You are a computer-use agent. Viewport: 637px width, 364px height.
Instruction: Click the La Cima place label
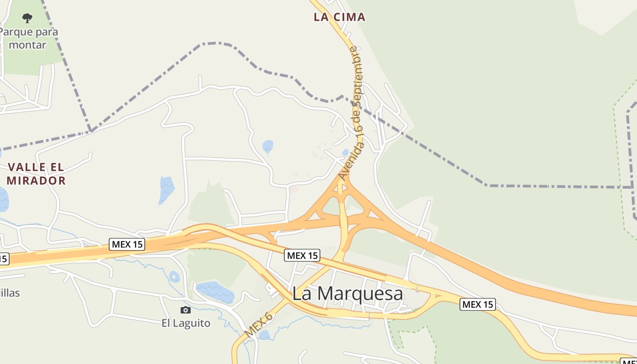click(x=339, y=17)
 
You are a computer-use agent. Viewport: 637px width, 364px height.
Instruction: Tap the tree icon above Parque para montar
click(x=27, y=18)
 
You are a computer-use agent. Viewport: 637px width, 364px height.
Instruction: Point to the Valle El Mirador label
click(x=36, y=174)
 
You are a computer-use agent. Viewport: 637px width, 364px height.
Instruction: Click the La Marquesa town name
click(x=348, y=293)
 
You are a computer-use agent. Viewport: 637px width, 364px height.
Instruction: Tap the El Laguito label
click(x=186, y=323)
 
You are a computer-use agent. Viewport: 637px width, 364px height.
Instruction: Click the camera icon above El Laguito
click(x=186, y=310)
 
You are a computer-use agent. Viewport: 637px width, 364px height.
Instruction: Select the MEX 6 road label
click(x=258, y=325)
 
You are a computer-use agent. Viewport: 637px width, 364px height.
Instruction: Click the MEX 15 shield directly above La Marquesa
click(x=302, y=255)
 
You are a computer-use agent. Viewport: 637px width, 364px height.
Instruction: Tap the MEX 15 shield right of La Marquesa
click(x=477, y=304)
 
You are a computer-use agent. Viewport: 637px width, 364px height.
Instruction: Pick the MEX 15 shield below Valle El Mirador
click(x=127, y=244)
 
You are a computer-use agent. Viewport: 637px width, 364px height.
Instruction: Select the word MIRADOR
click(x=36, y=181)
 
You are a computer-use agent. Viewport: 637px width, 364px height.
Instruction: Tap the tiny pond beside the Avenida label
click(x=345, y=152)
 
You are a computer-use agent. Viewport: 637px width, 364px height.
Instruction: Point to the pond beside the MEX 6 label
click(x=264, y=335)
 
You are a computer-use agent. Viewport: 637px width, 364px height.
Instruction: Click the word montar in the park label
click(x=27, y=45)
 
